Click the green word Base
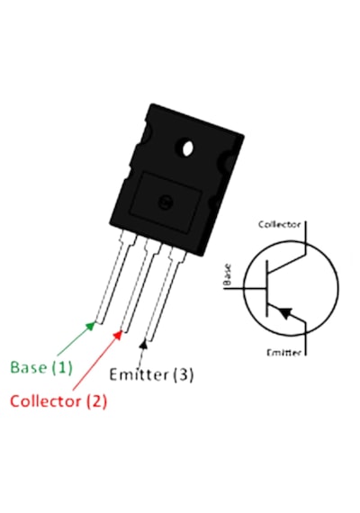pyautogui.click(x=29, y=367)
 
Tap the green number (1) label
pyautogui.click(x=62, y=367)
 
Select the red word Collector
pyautogui.click(x=45, y=401)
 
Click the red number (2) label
pyautogui.click(x=96, y=401)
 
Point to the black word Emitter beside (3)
pyautogui.click(x=139, y=374)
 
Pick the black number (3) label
pyautogui.click(x=184, y=374)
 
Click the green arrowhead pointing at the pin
pyautogui.click(x=91, y=326)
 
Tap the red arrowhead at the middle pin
pyautogui.click(x=118, y=335)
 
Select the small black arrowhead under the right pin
pyautogui.click(x=143, y=344)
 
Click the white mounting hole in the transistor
pyautogui.click(x=187, y=148)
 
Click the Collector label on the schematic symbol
pyautogui.click(x=279, y=224)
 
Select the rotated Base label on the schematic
pyautogui.click(x=227, y=274)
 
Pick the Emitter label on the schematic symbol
pyautogui.click(x=283, y=353)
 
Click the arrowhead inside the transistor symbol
pyautogui.click(x=285, y=313)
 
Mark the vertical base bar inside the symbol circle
pyautogui.click(x=266, y=288)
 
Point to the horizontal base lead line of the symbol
pyautogui.click(x=244, y=288)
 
